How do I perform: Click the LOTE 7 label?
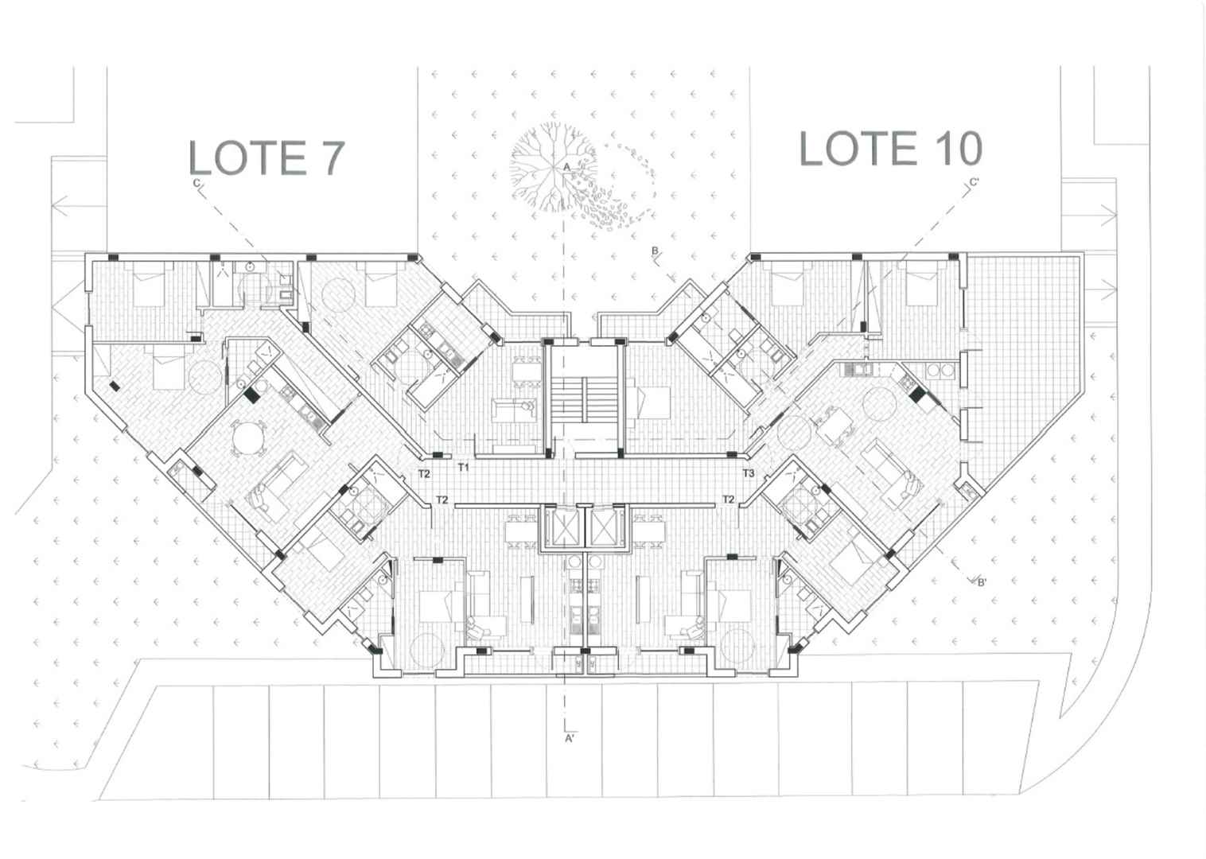pyautogui.click(x=266, y=157)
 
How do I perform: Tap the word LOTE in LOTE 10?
pyautogui.click(x=858, y=148)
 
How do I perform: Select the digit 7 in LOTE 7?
pyautogui.click(x=333, y=157)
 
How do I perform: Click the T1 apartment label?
pyautogui.click(x=464, y=467)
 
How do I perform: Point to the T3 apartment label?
pyautogui.click(x=749, y=473)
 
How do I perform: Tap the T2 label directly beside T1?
pyautogui.click(x=424, y=473)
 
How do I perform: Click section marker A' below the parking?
pyautogui.click(x=570, y=739)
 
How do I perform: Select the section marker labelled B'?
pyautogui.click(x=982, y=582)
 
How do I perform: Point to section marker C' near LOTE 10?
pyautogui.click(x=974, y=183)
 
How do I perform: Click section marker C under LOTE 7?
pyautogui.click(x=196, y=184)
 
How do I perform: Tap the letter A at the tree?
pyautogui.click(x=566, y=168)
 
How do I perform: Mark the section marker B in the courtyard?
pyautogui.click(x=656, y=251)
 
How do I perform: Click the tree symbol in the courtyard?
pyautogui.click(x=554, y=167)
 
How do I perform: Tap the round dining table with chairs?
pyautogui.click(x=248, y=439)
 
